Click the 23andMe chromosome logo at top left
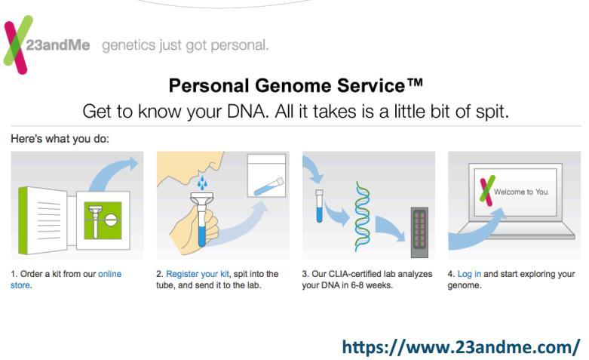[x=17, y=45]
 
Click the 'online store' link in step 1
[x=66, y=279]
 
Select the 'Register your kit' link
[x=197, y=274]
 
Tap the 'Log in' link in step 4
[x=469, y=274]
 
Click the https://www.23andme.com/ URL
[x=461, y=346]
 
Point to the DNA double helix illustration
[x=363, y=216]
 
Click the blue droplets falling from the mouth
[x=202, y=182]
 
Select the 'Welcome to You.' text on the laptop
[x=521, y=192]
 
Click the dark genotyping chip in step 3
[x=419, y=232]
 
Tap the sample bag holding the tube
[x=267, y=175]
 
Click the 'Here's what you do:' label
[x=60, y=139]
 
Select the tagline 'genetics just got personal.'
[x=186, y=45]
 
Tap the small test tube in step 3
[x=319, y=205]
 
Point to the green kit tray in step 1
[x=103, y=220]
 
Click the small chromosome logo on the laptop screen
[x=487, y=190]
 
